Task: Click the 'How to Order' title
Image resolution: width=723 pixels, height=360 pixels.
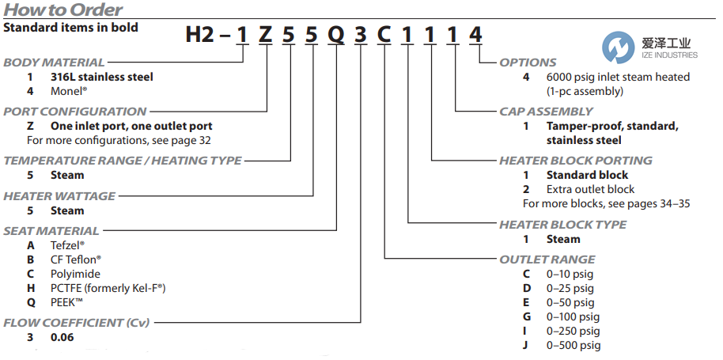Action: pyautogui.click(x=63, y=10)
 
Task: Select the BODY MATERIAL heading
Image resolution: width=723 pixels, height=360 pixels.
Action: pyautogui.click(x=54, y=63)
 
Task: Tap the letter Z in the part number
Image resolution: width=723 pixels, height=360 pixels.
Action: pyautogui.click(x=266, y=36)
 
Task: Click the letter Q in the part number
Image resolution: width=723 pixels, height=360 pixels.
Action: pyautogui.click(x=336, y=36)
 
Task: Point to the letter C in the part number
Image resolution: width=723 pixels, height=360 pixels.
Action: pyautogui.click(x=384, y=36)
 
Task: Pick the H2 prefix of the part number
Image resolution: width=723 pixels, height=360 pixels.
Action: pyautogui.click(x=201, y=36)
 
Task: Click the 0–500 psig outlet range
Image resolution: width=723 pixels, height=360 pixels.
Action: pyautogui.click(x=573, y=345)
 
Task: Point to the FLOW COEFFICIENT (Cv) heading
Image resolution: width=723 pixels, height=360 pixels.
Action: pyautogui.click(x=76, y=323)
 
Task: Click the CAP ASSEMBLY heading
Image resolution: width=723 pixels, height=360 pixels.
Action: pyautogui.click(x=546, y=112)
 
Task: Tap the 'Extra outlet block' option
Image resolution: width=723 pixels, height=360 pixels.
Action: pyautogui.click(x=589, y=189)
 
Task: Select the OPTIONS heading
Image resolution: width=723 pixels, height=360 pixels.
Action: pyautogui.click(x=528, y=63)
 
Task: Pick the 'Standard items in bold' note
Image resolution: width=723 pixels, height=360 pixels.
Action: pyautogui.click(x=70, y=28)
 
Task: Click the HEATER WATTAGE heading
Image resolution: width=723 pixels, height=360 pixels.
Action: pyautogui.click(x=59, y=196)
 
